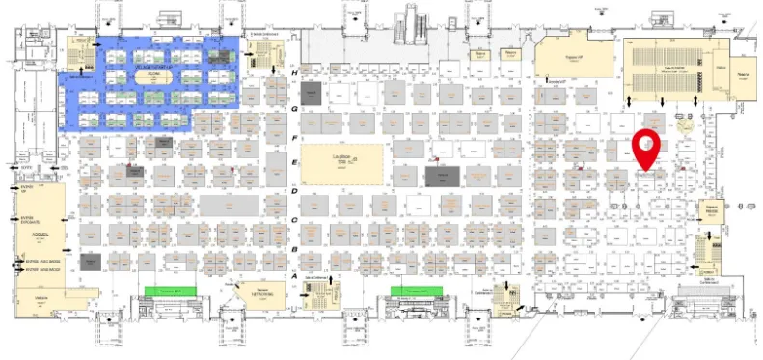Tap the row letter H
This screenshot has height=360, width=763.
pyautogui.click(x=294, y=73)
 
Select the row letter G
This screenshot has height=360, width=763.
pyautogui.click(x=294, y=109)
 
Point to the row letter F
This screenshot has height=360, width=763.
pyautogui.click(x=294, y=138)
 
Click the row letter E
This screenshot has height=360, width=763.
pyautogui.click(x=294, y=164)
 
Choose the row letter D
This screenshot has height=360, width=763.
pyautogui.click(x=294, y=191)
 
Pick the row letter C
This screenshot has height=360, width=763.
pyautogui.click(x=294, y=219)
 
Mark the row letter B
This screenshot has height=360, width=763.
pyautogui.click(x=294, y=247)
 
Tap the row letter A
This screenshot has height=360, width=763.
pyautogui.click(x=294, y=274)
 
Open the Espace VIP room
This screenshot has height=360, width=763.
pyautogui.click(x=574, y=60)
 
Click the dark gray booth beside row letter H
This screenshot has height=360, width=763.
pyautogui.click(x=311, y=93)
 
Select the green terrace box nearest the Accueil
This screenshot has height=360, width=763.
pyautogui.click(x=170, y=291)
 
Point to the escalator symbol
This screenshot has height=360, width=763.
pyautogui.click(x=413, y=18)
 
